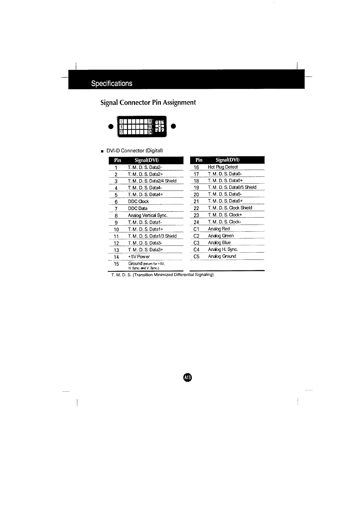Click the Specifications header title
112,83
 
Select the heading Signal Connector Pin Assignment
148,103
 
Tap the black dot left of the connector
111,126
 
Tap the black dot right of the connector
173,126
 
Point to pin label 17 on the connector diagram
121,132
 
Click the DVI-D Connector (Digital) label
135,151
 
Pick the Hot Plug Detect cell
223,167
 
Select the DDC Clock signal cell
138,201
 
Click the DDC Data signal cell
138,208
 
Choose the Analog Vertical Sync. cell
148,215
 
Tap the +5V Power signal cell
139,257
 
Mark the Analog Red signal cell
219,229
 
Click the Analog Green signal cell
221,236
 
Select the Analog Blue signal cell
219,243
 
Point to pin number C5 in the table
196,256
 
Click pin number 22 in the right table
196,208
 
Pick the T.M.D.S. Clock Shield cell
230,208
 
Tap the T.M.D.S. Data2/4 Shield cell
152,181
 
